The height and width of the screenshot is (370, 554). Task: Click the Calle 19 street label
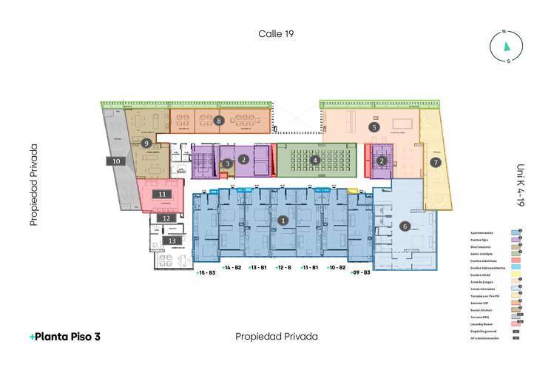(x=277, y=33)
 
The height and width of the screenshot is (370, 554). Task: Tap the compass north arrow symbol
(x=507, y=47)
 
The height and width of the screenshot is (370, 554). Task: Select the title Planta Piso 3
(x=65, y=336)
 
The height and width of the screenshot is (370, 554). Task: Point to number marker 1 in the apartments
(x=282, y=220)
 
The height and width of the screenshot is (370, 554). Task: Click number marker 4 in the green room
(x=315, y=159)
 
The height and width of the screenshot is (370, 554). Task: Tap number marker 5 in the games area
(x=375, y=127)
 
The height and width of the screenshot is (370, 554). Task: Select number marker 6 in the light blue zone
(x=405, y=226)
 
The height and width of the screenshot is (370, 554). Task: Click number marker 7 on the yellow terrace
(x=436, y=161)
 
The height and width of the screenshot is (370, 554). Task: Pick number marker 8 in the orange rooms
(x=219, y=119)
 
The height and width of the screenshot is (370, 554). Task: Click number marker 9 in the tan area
(x=146, y=143)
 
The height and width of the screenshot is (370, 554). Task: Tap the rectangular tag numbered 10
(x=116, y=161)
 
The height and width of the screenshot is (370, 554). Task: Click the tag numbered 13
(x=172, y=240)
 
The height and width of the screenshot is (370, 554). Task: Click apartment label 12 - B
(x=282, y=266)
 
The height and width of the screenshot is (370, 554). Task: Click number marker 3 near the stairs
(x=228, y=164)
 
